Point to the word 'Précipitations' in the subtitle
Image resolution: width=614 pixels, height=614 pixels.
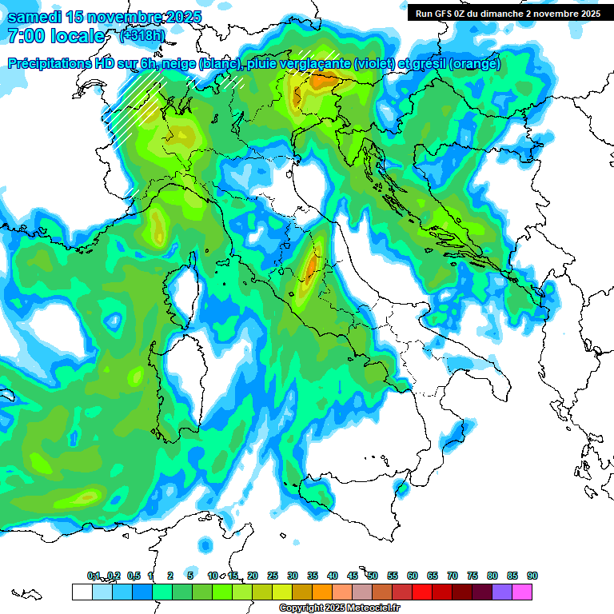click(50, 64)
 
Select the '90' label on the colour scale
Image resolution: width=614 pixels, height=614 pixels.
click(532, 576)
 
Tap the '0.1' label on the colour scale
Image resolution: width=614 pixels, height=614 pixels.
click(94, 576)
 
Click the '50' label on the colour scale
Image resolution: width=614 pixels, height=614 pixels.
click(373, 576)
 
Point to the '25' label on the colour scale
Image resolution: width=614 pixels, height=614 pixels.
click(273, 576)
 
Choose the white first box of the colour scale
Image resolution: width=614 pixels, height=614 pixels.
click(82, 592)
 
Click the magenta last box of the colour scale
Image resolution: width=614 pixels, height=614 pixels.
click(522, 592)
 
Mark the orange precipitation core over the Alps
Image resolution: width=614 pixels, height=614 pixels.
click(325, 80)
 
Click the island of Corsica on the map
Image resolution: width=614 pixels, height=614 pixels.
click(184, 292)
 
